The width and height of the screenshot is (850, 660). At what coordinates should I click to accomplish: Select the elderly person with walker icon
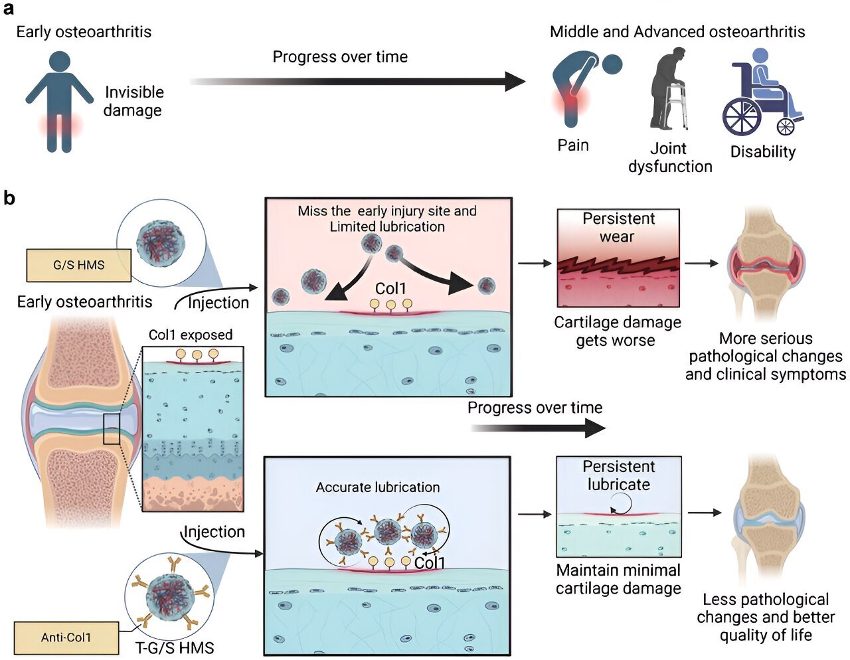(668, 89)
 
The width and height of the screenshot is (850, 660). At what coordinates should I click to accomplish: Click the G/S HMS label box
(78, 265)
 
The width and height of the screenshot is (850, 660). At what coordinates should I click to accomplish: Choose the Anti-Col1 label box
(66, 637)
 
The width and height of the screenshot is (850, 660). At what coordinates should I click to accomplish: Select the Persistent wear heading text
(618, 228)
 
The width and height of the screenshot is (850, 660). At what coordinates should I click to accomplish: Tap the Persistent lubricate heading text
(618, 475)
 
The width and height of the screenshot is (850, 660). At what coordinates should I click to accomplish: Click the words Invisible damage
(133, 101)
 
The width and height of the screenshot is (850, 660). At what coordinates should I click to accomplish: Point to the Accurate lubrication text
(378, 487)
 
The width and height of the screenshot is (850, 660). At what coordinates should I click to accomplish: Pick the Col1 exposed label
(191, 335)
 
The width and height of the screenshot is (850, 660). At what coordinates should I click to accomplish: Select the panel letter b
(9, 197)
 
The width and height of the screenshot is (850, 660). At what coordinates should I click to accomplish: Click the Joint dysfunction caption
(669, 157)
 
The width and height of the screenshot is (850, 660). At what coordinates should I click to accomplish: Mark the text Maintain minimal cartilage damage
(618, 579)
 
